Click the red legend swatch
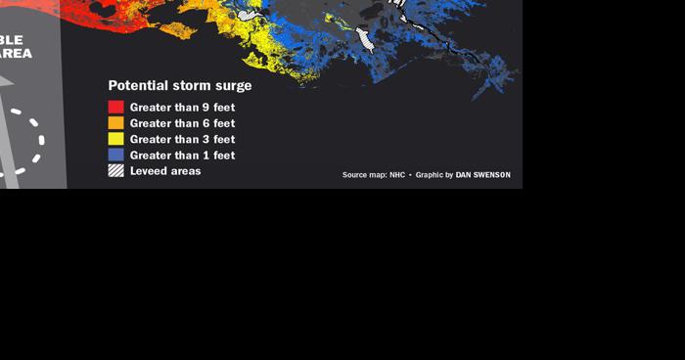click(x=115, y=108)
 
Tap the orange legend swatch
click(x=115, y=123)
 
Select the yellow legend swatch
click(x=115, y=139)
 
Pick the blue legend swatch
click(x=115, y=155)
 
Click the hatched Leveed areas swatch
click(x=115, y=170)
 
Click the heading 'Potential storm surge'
click(x=179, y=86)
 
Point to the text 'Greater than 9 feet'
click(x=182, y=108)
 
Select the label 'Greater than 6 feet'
click(x=182, y=123)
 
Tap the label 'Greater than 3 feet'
click(x=182, y=139)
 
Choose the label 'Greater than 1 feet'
click(x=182, y=155)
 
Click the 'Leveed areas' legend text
click(x=165, y=170)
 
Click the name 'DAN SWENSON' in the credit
click(x=482, y=175)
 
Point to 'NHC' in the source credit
click(x=397, y=175)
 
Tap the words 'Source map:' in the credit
click(x=364, y=175)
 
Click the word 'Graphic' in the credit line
click(x=430, y=175)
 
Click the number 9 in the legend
click(x=205, y=108)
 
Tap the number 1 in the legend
click(x=205, y=155)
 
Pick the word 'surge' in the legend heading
click(x=232, y=86)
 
